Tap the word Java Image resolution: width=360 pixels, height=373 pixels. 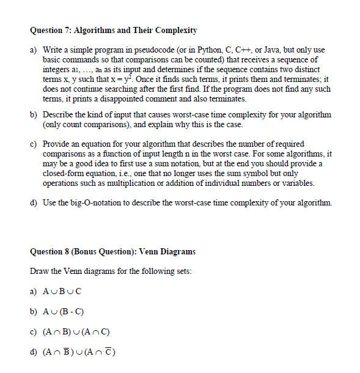coord(277,49)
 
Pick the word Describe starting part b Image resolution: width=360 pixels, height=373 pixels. coord(58,115)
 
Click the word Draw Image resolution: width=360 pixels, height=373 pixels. coord(38,271)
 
